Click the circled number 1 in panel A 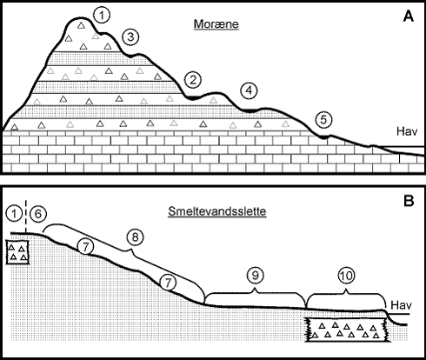coord(102,16)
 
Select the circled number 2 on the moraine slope coord(193,80)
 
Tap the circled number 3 coord(130,37)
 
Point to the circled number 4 coord(249,90)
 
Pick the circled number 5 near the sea coord(323,120)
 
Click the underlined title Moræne coord(216,24)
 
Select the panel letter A coord(409,17)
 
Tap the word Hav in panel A coord(407,131)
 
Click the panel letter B coord(409,201)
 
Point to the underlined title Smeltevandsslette coord(217,211)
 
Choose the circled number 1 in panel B coord(14,214)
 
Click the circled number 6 coord(38,214)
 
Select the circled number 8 coord(135,237)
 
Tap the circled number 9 coord(255,275)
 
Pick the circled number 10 coord(346,275)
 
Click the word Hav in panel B coord(401,305)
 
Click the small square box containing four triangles coord(17,252)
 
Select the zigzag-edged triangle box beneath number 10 coord(348,330)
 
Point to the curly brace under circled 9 coord(255,292)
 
